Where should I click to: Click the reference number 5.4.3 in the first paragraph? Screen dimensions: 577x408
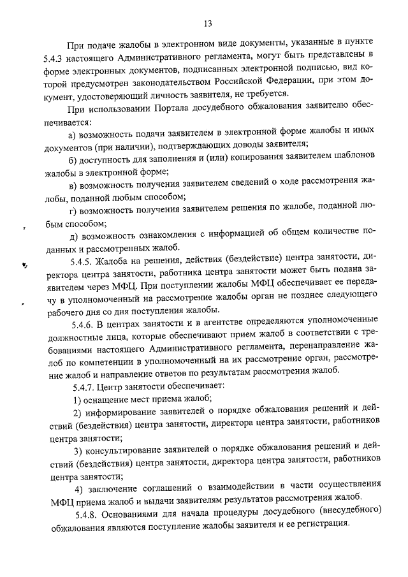coord(55,57)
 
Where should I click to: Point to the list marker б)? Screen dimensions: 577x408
coord(73,159)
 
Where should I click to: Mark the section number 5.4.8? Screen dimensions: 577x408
coord(84,514)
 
